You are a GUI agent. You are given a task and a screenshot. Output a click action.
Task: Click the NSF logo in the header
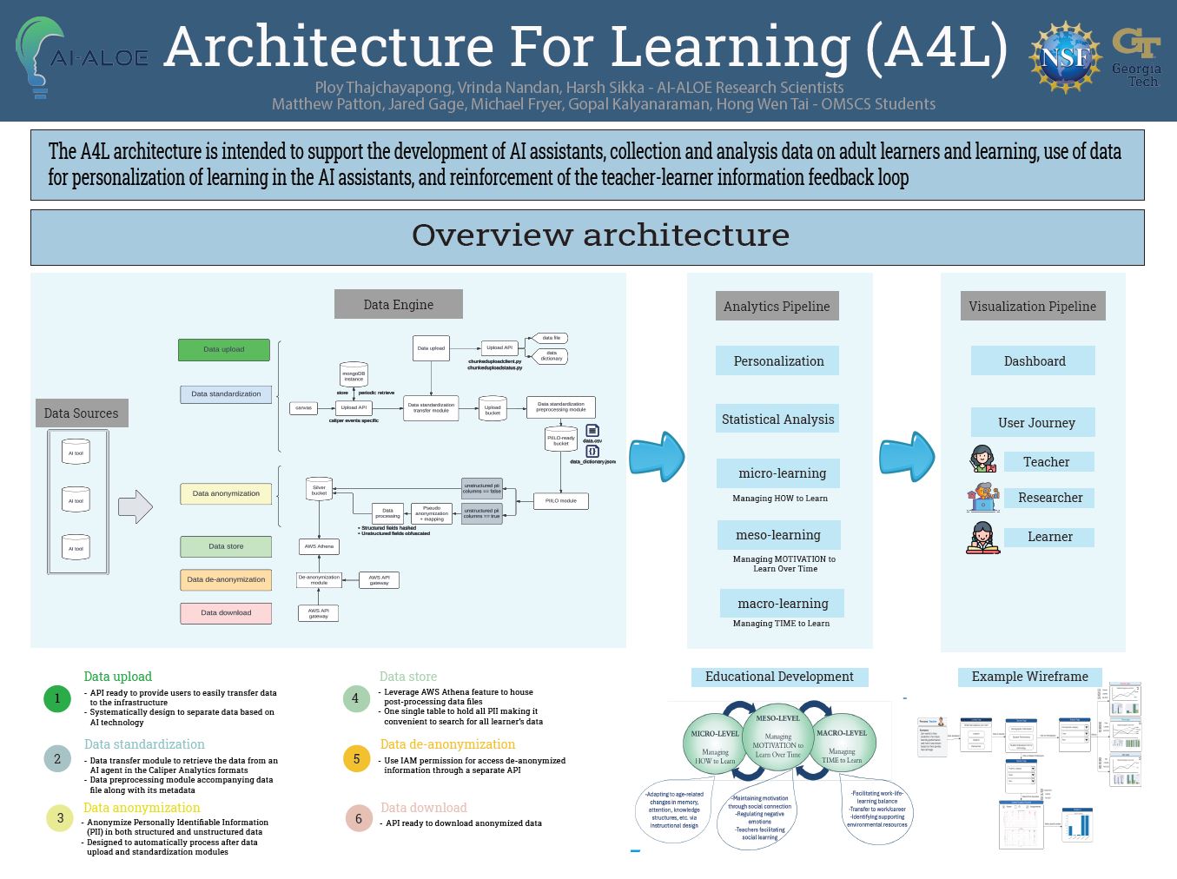[x=1064, y=58]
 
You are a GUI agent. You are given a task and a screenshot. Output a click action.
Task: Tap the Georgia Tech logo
[x=1136, y=56]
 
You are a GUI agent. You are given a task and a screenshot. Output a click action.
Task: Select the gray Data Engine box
[x=398, y=305]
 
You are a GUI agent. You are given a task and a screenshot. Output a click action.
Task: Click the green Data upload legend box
[x=224, y=349]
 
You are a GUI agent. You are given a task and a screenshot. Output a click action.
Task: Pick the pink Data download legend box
[x=226, y=613]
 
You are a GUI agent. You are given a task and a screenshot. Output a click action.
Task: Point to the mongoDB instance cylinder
[x=354, y=375]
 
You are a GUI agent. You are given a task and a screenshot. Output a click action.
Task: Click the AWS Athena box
[x=319, y=546]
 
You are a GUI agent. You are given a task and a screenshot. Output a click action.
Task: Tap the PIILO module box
[x=560, y=501]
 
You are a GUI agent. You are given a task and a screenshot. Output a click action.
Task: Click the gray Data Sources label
[x=82, y=413]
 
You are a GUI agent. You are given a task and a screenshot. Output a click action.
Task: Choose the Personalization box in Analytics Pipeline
[x=777, y=361]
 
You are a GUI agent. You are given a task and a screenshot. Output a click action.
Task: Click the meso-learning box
[x=778, y=535]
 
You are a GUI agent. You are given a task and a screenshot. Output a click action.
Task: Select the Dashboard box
[x=1033, y=361]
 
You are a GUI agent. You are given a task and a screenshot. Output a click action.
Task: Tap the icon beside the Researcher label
[x=983, y=498]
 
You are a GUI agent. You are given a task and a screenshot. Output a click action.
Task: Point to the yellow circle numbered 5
[x=356, y=759]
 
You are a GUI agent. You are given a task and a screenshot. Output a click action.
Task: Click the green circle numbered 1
[x=57, y=698]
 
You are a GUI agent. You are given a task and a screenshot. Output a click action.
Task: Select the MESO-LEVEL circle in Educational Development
[x=777, y=738]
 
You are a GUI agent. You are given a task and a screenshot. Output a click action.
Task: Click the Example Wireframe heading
[x=1029, y=677]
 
